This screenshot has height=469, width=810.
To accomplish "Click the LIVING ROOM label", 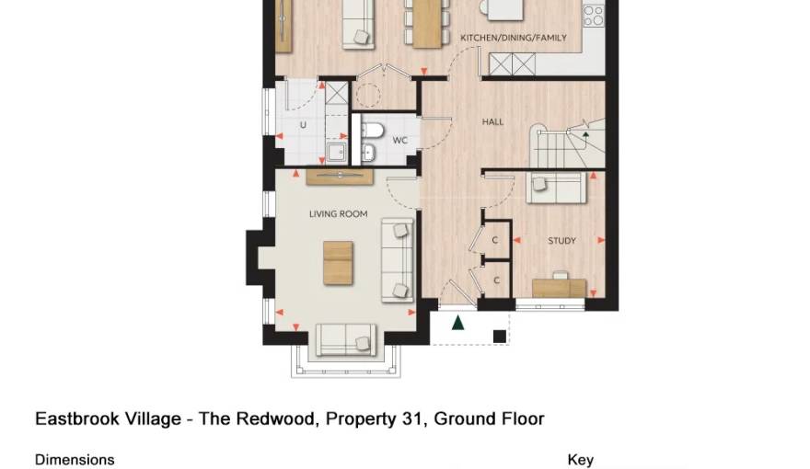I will pyautogui.click(x=338, y=214).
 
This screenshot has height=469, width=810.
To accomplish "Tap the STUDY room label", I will pyautogui.click(x=561, y=241).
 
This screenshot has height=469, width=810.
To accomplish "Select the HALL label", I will pyautogui.click(x=492, y=121).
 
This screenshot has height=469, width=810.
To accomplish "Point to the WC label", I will pyautogui.click(x=399, y=141).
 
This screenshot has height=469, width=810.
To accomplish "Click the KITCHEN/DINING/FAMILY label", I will pyautogui.click(x=513, y=38).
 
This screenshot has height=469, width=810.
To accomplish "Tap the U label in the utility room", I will pyautogui.click(x=302, y=125).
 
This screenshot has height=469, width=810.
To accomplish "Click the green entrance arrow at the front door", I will pyautogui.click(x=457, y=322).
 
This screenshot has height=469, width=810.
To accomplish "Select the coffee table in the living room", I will pyautogui.click(x=338, y=262).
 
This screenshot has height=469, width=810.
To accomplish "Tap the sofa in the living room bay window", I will pyautogui.click(x=347, y=339).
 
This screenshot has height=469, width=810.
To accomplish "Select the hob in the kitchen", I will pyautogui.click(x=594, y=16).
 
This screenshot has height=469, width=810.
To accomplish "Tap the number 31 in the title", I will pyautogui.click(x=411, y=419).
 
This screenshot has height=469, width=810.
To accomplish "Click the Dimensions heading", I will pyautogui.click(x=75, y=460).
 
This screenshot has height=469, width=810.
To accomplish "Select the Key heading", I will pyautogui.click(x=580, y=460).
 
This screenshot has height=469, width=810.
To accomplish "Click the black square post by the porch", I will pyautogui.click(x=499, y=337).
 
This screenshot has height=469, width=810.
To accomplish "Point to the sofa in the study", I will pyautogui.click(x=558, y=188).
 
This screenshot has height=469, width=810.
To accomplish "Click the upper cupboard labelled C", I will pyautogui.click(x=495, y=240).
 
